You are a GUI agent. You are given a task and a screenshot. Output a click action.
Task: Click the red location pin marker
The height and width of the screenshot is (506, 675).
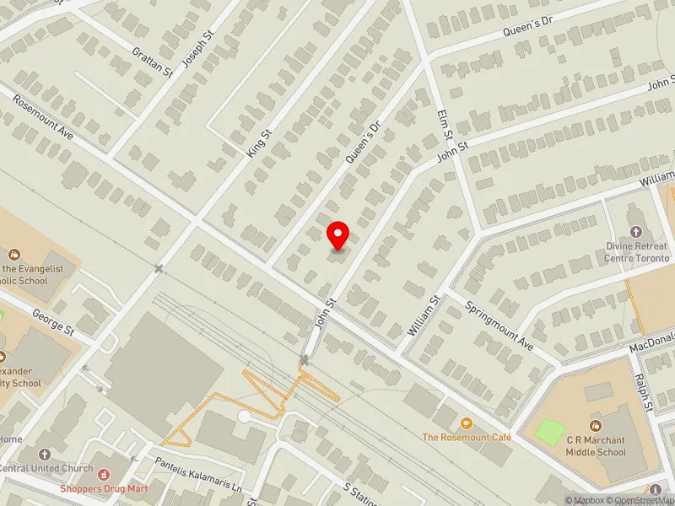pos(338,235)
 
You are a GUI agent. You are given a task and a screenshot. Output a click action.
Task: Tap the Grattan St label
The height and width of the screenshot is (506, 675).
pos(153,62)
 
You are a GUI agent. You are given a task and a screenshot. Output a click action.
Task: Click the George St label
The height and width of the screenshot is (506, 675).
pos(54,322)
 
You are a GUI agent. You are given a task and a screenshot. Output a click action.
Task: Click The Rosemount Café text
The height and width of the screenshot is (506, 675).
pos(467,437)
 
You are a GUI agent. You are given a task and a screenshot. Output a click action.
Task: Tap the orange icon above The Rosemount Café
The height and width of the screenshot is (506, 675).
pos(467,422)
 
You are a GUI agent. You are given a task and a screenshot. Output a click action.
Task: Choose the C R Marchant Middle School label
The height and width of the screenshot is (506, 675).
pos(596,446)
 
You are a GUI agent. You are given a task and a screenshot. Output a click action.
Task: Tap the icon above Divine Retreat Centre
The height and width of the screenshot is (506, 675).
pos(635,231)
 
